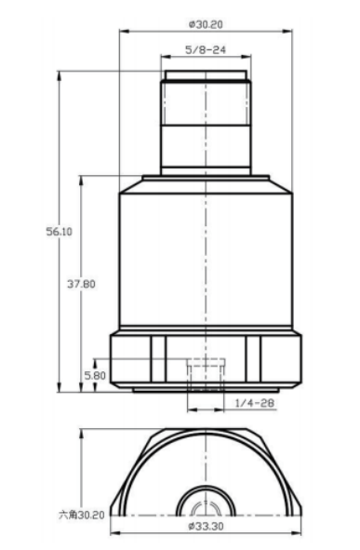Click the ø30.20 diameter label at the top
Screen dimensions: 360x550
[206, 24]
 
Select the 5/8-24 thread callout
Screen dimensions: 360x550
[206, 49]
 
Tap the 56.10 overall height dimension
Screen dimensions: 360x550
[60, 232]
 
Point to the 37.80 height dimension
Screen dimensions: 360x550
[81, 284]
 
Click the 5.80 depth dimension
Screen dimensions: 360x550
[95, 376]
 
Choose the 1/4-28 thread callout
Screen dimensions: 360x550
[255, 403]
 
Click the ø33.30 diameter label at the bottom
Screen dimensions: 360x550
[206, 526]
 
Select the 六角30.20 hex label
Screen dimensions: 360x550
[82, 515]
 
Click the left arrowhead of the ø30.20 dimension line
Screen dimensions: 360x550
[123, 32]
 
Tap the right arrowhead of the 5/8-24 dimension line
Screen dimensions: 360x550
[247, 56]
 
